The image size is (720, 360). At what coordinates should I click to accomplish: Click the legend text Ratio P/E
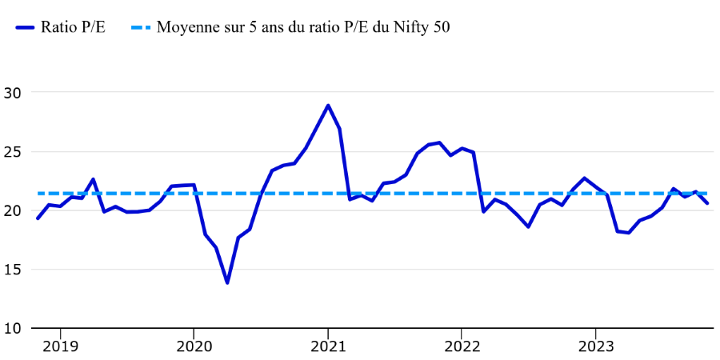(x=77, y=27)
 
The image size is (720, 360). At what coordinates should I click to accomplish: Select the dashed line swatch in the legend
(x=135, y=27)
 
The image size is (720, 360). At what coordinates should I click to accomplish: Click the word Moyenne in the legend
(x=186, y=27)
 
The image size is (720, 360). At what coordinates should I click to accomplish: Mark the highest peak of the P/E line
(x=328, y=106)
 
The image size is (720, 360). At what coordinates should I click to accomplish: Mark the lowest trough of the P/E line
(x=227, y=282)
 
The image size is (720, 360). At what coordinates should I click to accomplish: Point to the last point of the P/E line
(x=706, y=203)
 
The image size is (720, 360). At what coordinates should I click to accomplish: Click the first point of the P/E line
(x=38, y=218)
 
